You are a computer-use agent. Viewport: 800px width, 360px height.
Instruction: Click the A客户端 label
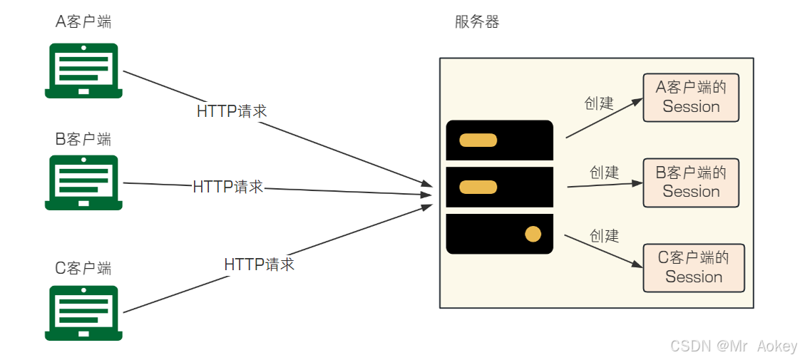coord(83,22)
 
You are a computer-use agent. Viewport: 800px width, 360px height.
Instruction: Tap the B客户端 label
coord(83,138)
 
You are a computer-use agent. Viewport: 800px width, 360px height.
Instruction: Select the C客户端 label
coord(83,268)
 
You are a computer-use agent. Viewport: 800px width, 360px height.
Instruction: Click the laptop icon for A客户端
coord(83,71)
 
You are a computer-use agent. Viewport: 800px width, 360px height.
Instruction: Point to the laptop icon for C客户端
coord(83,313)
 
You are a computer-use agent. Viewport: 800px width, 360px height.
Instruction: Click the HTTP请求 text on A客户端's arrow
coord(232,111)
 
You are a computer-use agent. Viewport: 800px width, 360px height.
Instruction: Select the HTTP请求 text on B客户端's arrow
coord(228,187)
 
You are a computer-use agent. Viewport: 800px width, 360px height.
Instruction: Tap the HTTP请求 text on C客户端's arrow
coord(259,264)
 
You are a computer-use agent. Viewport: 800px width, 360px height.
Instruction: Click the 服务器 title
coord(477,22)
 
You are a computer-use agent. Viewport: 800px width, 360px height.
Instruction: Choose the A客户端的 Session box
coord(691,97)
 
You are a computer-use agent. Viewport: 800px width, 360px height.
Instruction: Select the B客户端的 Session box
coord(691,182)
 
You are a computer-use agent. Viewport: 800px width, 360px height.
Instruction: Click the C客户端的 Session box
coord(693,268)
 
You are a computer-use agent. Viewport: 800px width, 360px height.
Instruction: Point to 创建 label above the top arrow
coord(599,103)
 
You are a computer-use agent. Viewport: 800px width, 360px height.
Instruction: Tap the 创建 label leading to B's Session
coord(604,173)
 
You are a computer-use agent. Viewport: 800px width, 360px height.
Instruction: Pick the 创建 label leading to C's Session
coord(604,235)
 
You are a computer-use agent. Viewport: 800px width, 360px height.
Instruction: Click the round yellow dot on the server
coord(533,234)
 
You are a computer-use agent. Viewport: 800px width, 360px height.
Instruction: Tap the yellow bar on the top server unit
coord(478,140)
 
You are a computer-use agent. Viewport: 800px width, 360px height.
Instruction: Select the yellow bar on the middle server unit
coord(478,187)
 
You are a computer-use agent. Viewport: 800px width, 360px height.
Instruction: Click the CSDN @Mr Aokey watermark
coord(734,346)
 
